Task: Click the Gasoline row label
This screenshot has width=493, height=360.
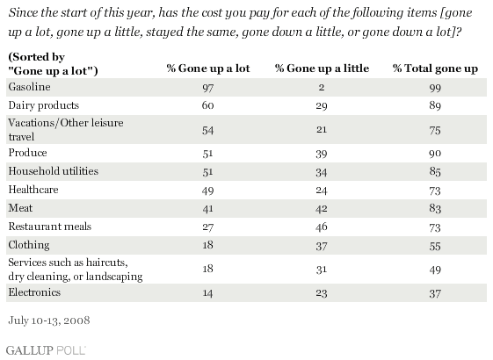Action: (29, 87)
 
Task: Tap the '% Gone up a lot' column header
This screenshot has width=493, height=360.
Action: (207, 68)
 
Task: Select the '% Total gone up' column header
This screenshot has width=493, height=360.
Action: (435, 68)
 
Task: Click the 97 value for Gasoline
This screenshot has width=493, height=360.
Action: (207, 88)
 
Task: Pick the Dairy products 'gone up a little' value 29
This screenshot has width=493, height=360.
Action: (322, 106)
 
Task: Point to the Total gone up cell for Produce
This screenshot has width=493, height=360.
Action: (435, 154)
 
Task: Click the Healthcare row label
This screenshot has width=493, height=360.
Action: (33, 190)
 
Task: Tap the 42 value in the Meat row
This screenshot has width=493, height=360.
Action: (322, 209)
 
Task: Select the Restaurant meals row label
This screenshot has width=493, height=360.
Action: (50, 227)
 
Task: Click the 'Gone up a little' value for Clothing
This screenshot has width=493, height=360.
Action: (322, 246)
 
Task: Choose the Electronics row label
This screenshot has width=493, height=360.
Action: (34, 292)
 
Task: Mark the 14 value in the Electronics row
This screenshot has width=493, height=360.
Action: (207, 293)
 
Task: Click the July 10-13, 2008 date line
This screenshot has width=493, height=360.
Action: (49, 320)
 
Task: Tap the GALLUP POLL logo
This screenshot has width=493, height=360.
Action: (46, 350)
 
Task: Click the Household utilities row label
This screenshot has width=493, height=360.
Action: (53, 171)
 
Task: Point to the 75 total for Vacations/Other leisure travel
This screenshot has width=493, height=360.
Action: (435, 130)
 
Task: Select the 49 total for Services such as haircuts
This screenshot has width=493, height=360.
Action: (435, 270)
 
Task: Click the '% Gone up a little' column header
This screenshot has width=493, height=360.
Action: (322, 68)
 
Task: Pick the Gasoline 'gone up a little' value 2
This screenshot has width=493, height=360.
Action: (322, 87)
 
